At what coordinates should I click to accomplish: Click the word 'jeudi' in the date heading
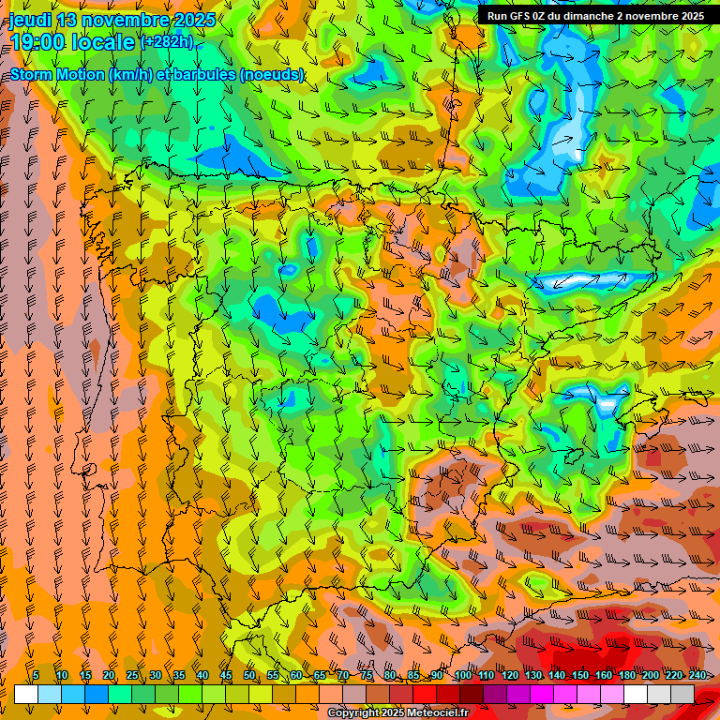[31, 20]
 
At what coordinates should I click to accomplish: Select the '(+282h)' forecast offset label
[167, 41]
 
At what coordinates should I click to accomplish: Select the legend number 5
[36, 675]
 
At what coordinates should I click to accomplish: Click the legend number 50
[249, 675]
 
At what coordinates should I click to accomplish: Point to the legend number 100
[462, 675]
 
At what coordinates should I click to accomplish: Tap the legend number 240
[697, 675]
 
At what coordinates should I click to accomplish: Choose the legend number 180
[626, 675]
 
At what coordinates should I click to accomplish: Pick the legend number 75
[367, 675]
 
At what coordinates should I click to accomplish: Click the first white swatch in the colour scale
[26, 694]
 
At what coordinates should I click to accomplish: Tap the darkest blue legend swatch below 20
[97, 694]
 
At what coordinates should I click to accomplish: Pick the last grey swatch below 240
[682, 694]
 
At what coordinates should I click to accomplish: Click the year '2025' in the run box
[690, 16]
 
